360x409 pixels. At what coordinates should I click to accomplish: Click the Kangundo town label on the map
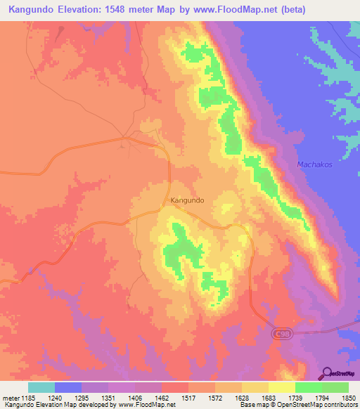coord(187,200)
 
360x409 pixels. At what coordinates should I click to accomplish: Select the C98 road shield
coord(280,337)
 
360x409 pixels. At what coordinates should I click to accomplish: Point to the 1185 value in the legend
coord(28,398)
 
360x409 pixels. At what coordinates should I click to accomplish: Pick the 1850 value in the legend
coord(347,398)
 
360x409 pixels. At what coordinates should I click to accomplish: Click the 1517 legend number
coord(188,398)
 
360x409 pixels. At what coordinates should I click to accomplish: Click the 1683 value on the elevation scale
coord(268,398)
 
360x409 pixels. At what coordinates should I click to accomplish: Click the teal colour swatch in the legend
coord(41,387)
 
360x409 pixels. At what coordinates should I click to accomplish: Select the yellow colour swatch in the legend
coord(281,387)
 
